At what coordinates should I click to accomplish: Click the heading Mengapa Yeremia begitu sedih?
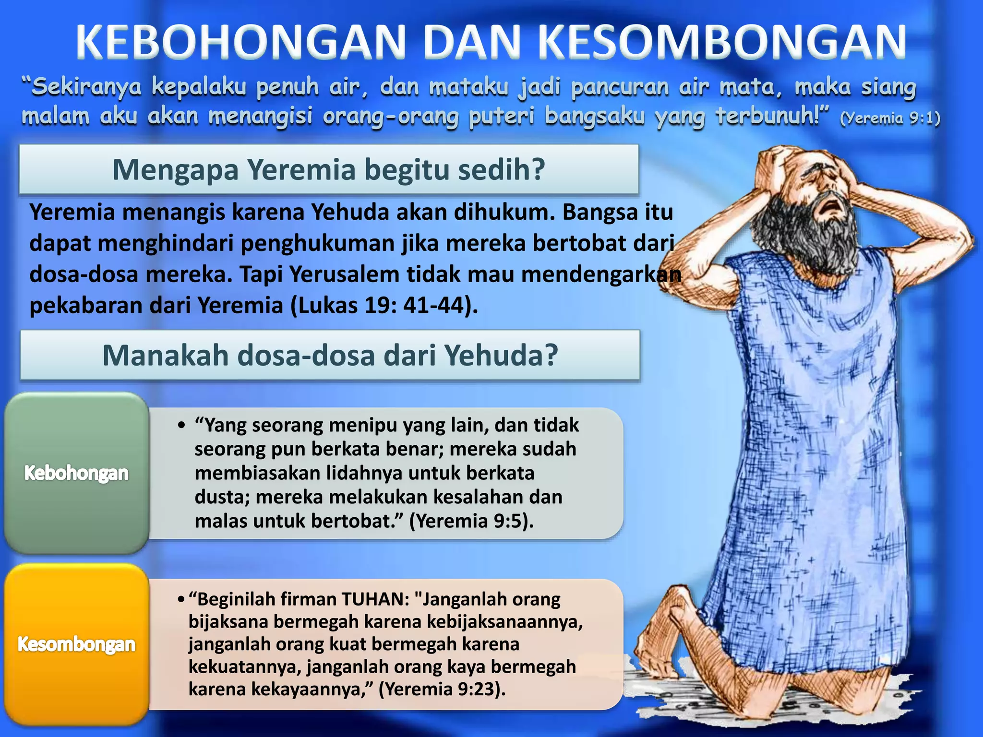[329, 169]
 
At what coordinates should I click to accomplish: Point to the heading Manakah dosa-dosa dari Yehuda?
[330, 356]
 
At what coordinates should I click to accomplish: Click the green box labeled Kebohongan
[77, 473]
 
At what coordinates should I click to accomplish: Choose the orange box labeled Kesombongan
[77, 644]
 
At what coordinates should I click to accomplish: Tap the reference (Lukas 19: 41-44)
[384, 306]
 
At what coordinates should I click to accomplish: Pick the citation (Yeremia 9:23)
[442, 689]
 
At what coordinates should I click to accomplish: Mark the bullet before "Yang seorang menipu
[181, 426]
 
